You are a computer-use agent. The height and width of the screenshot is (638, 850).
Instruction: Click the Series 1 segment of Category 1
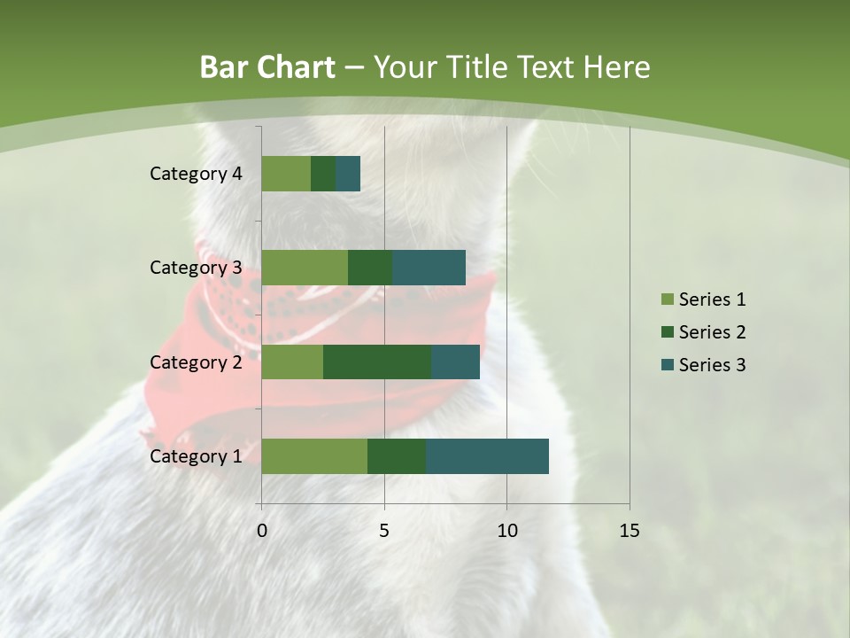[x=314, y=456]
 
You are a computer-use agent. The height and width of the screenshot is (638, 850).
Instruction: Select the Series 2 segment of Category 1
[x=397, y=456]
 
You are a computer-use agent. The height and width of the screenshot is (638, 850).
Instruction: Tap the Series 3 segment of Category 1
[x=487, y=456]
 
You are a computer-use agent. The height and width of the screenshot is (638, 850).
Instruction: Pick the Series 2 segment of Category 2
[x=377, y=362]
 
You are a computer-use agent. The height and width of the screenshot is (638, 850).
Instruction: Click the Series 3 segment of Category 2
[x=455, y=362]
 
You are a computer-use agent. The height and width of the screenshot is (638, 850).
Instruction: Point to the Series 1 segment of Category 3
[x=305, y=268]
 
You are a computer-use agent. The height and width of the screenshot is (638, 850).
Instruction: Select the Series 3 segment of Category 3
[x=429, y=268]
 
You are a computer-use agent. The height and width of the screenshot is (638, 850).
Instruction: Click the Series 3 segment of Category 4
[x=348, y=174]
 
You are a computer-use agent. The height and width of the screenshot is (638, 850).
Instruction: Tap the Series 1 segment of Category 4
[x=286, y=174]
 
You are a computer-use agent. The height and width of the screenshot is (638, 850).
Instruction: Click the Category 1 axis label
[x=196, y=456]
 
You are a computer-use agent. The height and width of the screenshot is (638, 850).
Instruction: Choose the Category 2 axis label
[x=196, y=362]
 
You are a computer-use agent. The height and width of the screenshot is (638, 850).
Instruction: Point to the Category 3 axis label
[x=196, y=268]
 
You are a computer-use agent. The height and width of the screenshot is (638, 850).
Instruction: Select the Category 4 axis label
[x=196, y=174]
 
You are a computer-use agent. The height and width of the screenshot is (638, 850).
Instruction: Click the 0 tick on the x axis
[x=262, y=531]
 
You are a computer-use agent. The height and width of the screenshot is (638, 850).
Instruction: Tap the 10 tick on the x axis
[x=506, y=531]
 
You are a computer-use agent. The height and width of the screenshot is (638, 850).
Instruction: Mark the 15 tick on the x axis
[x=629, y=531]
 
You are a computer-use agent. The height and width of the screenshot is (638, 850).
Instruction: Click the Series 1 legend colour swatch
[x=667, y=300]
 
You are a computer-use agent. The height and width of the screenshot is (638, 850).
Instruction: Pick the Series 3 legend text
[x=712, y=365]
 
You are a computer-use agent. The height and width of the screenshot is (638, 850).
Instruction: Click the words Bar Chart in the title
[x=267, y=67]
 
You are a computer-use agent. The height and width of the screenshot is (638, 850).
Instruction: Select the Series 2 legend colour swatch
[x=667, y=332]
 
